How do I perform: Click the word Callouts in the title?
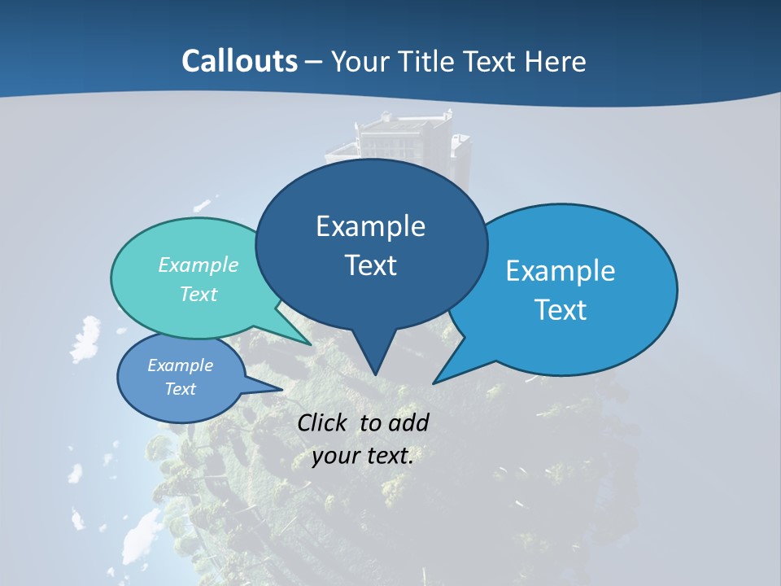pyautogui.click(x=239, y=61)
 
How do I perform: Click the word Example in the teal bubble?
pyautogui.click(x=199, y=265)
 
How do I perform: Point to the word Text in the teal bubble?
pyautogui.click(x=199, y=294)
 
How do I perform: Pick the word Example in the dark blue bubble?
pyautogui.click(x=370, y=226)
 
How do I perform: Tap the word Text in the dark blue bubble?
pyautogui.click(x=370, y=265)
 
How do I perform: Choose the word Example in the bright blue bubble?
pyautogui.click(x=561, y=271)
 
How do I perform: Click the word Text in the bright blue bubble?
pyautogui.click(x=561, y=310)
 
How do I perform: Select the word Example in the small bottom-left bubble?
pyautogui.click(x=181, y=365)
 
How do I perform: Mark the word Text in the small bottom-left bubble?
pyautogui.click(x=181, y=389)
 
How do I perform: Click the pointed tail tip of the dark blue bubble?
pyautogui.click(x=375, y=374)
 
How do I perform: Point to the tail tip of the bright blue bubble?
pyautogui.click(x=434, y=383)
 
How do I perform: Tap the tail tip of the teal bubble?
pyautogui.click(x=311, y=344)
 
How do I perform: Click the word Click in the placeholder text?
pyautogui.click(x=323, y=422)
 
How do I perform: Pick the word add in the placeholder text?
pyautogui.click(x=408, y=422)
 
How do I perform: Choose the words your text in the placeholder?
pyautogui.click(x=363, y=456)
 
